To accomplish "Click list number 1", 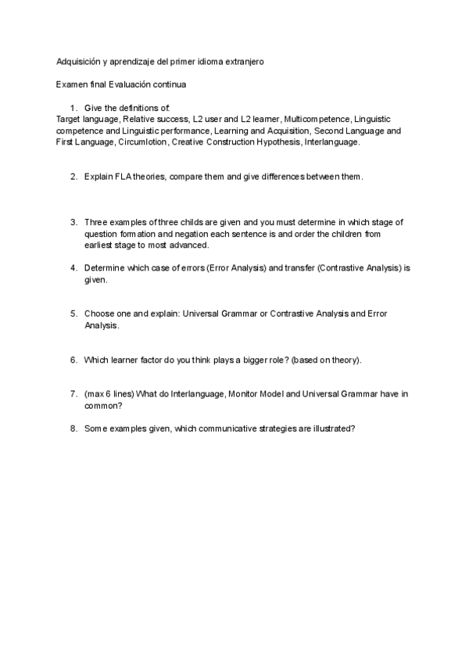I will pyautogui.click(x=73, y=107).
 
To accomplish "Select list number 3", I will pyautogui.click(x=73, y=222).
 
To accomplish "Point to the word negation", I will pyautogui.click(x=184, y=233).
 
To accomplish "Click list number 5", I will pyautogui.click(x=73, y=314).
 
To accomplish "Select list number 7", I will pyautogui.click(x=73, y=394).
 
